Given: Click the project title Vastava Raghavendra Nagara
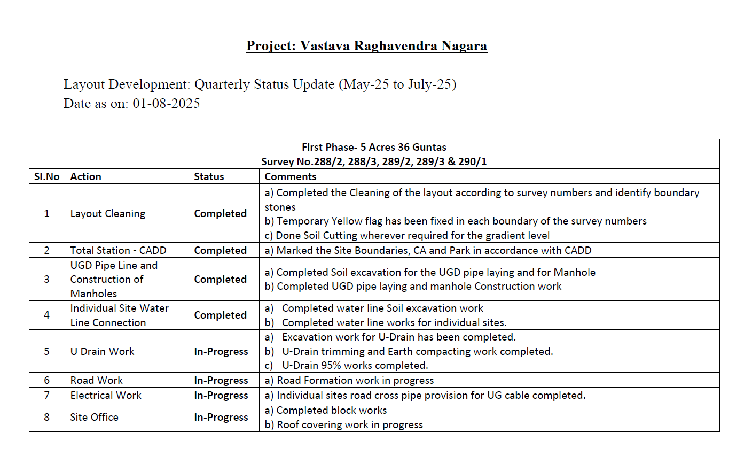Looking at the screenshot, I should (x=366, y=46).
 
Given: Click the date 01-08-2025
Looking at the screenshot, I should (x=166, y=104).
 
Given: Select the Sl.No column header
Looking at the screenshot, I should (x=47, y=177).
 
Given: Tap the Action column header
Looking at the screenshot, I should (x=86, y=177).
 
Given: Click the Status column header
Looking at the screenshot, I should (x=209, y=177).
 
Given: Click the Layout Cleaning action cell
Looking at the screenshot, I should (x=108, y=214).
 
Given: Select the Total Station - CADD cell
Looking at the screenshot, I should (x=118, y=251).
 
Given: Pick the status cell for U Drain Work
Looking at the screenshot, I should (x=221, y=352).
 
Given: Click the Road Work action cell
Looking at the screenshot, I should (x=97, y=381).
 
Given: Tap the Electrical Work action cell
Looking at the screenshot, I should (x=106, y=396).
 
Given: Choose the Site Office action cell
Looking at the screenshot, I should (x=95, y=418).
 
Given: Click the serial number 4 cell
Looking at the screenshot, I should (x=47, y=315).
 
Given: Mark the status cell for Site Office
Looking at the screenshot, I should (x=221, y=418).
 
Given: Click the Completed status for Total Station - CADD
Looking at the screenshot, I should (x=220, y=251).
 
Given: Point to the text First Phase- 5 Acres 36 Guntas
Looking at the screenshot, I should (x=374, y=148).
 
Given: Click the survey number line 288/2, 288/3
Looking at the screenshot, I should (x=374, y=162).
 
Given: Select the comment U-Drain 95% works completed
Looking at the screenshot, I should (x=355, y=366).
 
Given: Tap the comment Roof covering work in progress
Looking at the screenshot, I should (x=349, y=425).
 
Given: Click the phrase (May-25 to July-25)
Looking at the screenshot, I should (x=397, y=84).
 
